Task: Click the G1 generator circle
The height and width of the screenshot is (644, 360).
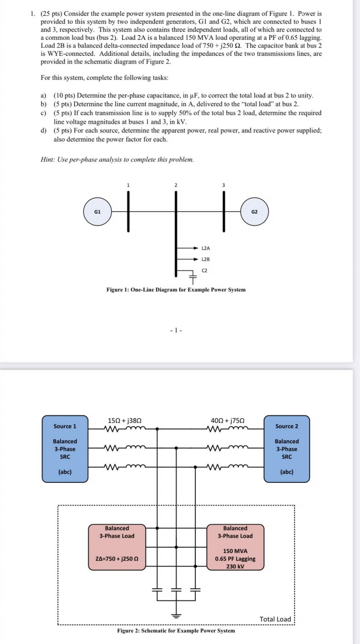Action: tap(97, 212)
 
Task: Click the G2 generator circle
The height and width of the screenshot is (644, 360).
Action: tap(254, 212)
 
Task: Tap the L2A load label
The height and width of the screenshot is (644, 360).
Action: tap(206, 248)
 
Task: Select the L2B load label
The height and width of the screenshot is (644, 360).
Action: tap(206, 259)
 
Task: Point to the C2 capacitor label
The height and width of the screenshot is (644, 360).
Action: tap(204, 270)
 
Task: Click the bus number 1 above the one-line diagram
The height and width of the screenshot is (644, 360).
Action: tap(128, 185)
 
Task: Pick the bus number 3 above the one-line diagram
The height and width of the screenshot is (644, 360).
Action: tap(224, 185)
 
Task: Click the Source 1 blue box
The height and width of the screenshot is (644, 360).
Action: tap(65, 449)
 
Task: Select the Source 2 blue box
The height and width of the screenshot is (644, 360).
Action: tap(287, 449)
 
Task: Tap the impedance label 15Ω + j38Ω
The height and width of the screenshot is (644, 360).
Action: tap(124, 421)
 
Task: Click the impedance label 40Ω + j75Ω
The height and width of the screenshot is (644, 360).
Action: tap(227, 421)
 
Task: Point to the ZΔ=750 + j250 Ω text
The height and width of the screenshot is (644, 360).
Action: tap(117, 559)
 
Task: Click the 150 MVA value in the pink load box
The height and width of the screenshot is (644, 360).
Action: tap(235, 551)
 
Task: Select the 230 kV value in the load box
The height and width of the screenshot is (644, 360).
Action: tap(235, 567)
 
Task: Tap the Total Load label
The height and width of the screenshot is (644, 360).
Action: tap(275, 619)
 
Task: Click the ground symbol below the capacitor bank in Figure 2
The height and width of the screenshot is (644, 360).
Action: tap(176, 615)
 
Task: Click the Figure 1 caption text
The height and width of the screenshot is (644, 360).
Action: tap(176, 290)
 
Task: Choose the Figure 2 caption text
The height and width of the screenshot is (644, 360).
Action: tap(176, 631)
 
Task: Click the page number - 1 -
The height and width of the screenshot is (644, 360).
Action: tap(176, 330)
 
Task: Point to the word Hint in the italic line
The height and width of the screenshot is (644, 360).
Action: tap(47, 160)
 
